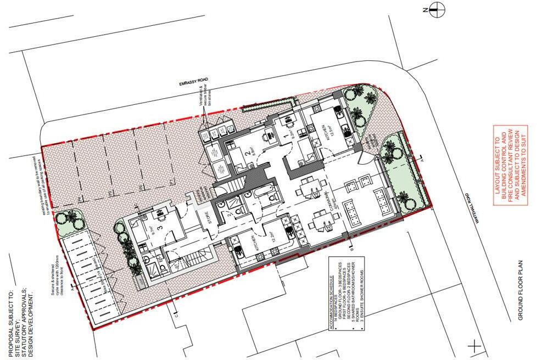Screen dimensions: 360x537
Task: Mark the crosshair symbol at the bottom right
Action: (x=474, y=346)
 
